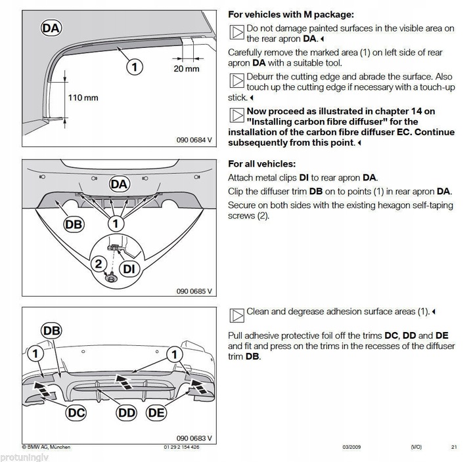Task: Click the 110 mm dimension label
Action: [83, 98]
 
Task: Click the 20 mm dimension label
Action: [187, 69]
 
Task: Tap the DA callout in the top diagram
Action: [52, 28]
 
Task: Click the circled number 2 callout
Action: [98, 264]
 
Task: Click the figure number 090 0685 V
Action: [194, 291]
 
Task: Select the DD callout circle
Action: [127, 412]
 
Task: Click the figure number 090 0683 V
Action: [194, 438]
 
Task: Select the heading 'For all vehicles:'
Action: [261, 164]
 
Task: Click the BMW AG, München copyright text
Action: [46, 447]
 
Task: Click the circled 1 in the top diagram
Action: [133, 66]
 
